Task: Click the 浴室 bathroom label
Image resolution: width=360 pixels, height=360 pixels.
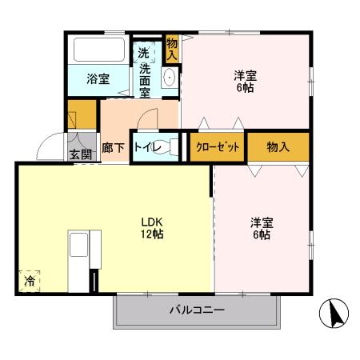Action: click(x=98, y=79)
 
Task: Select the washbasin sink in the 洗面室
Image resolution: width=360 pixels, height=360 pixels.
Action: click(x=170, y=78)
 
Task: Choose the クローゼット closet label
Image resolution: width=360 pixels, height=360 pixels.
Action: click(x=217, y=147)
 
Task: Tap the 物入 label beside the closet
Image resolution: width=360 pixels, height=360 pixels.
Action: click(x=278, y=147)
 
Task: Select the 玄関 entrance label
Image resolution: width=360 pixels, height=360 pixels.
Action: click(x=79, y=155)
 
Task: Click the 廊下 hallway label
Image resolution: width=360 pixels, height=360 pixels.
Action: click(x=113, y=148)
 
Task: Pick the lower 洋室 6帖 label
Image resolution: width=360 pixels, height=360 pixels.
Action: click(x=260, y=229)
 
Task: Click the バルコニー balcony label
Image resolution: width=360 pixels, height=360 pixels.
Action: click(x=196, y=310)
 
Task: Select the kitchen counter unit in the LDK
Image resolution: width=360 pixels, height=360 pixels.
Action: click(x=83, y=261)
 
